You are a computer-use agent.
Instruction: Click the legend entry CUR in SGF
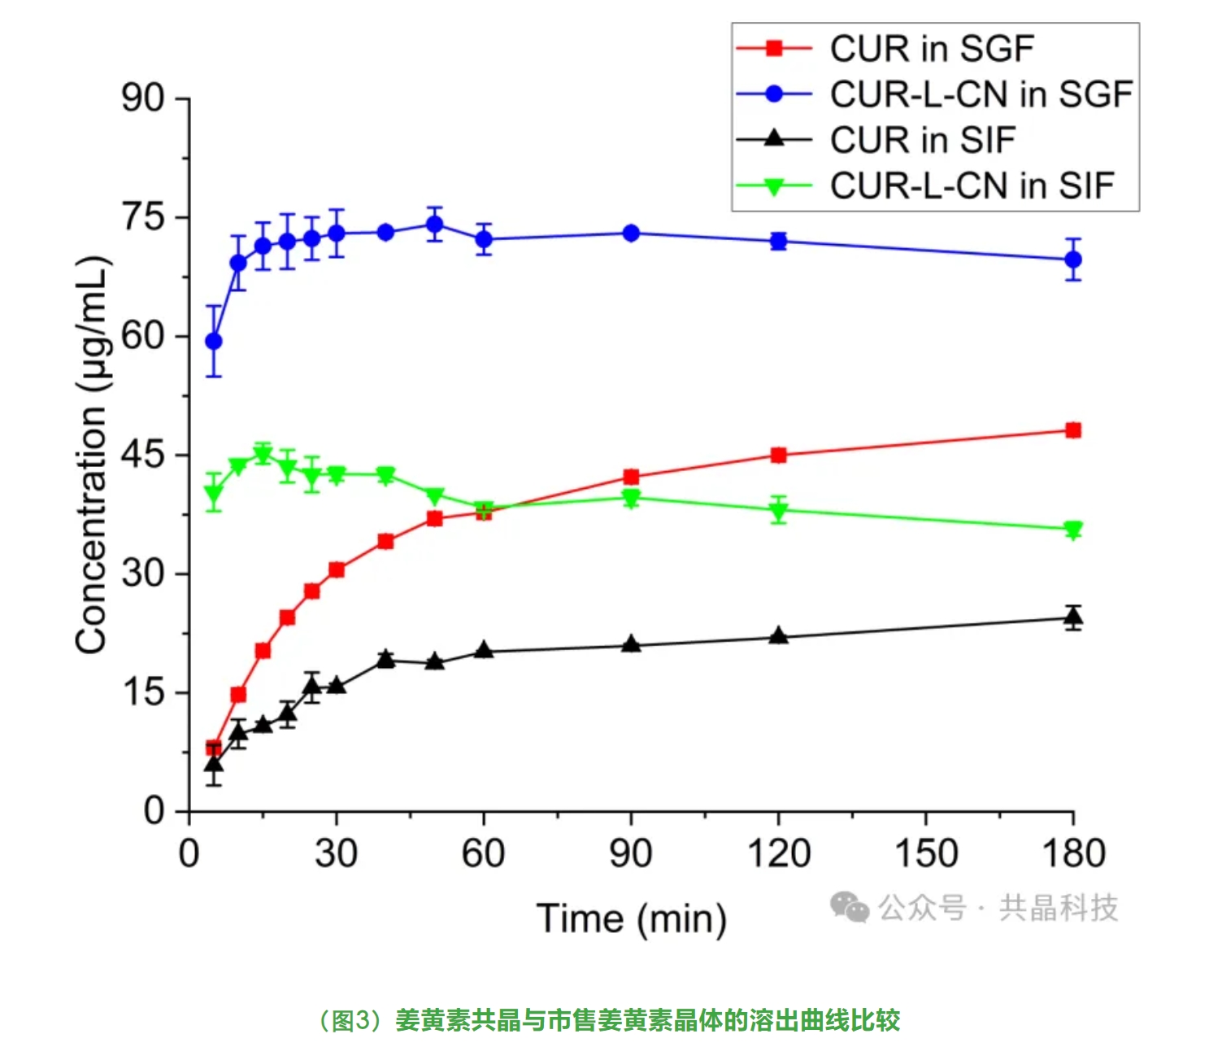(931, 49)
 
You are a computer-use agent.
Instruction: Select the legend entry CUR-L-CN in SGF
(981, 94)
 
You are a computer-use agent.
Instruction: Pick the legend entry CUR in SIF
(922, 140)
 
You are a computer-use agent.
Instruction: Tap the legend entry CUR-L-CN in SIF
(972, 185)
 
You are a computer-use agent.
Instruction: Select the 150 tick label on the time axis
(925, 854)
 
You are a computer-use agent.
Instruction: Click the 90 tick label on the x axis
(631, 854)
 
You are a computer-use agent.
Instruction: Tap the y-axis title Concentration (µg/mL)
(91, 455)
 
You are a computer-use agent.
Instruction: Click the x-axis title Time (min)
(631, 918)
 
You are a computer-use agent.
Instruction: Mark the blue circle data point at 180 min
(1073, 260)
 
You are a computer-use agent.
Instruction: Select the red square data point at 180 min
(1073, 430)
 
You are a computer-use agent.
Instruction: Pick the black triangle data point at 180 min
(1073, 617)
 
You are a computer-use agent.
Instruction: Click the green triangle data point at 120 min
(779, 511)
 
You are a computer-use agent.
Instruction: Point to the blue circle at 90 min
(631, 233)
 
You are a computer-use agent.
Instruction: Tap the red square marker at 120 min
(779, 455)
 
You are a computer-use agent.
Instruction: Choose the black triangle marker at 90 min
(631, 644)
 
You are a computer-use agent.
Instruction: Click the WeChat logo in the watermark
(850, 907)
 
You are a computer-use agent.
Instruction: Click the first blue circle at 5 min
(214, 341)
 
